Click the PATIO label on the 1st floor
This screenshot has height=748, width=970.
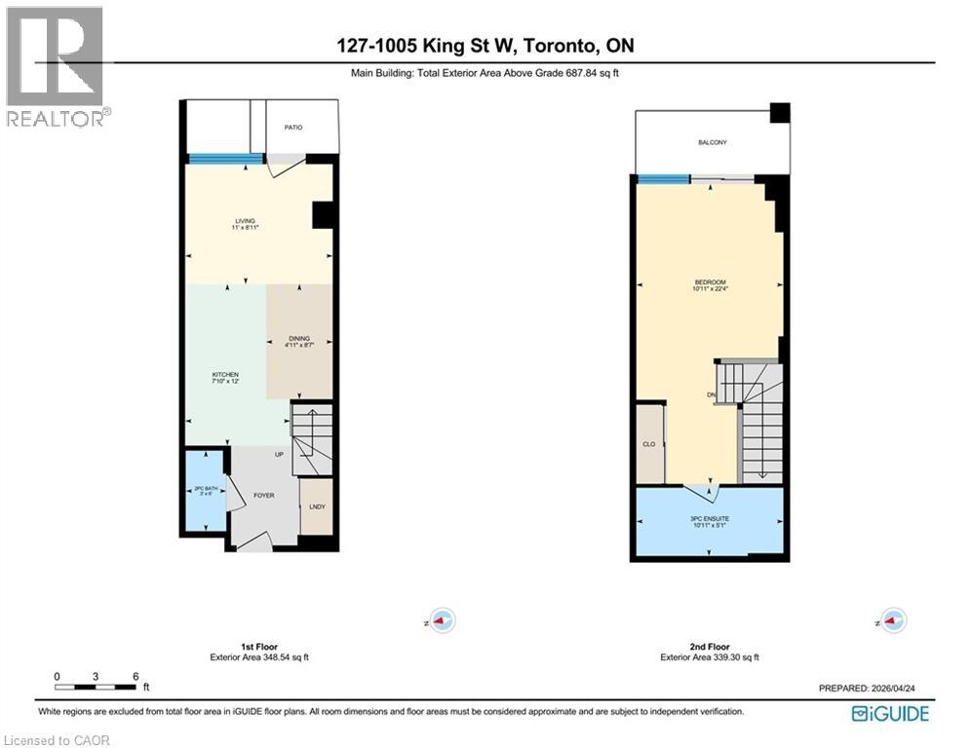[x=293, y=127]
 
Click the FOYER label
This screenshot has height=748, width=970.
[x=263, y=496]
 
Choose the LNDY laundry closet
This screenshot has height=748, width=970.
[x=315, y=505]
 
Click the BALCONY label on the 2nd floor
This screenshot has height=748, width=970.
[x=712, y=143]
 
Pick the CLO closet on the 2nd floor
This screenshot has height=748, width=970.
[x=648, y=443]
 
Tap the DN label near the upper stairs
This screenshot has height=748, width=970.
[x=711, y=394]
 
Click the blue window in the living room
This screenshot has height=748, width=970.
[x=225, y=160]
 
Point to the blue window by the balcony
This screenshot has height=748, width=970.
[x=663, y=178]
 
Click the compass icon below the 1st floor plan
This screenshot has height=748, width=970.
[x=444, y=619]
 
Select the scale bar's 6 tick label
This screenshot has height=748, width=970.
[x=136, y=677]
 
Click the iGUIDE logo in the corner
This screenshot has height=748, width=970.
[x=890, y=714]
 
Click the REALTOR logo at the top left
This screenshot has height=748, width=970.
[x=56, y=66]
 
